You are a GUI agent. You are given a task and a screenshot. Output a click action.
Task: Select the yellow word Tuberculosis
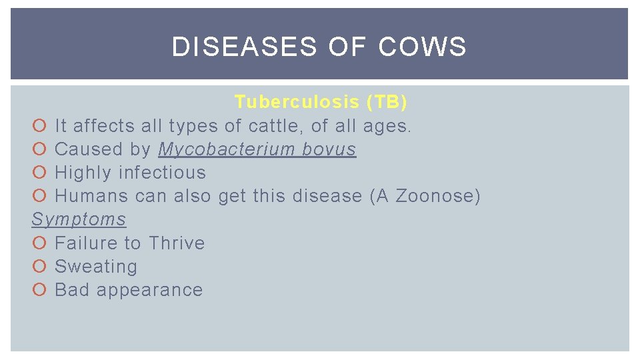pyautogui.click(x=297, y=102)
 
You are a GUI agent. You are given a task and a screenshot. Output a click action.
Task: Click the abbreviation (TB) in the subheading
pyautogui.click(x=387, y=102)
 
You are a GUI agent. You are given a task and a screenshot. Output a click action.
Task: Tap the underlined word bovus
pyautogui.click(x=329, y=149)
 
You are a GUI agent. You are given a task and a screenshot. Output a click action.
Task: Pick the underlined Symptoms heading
pyautogui.click(x=79, y=219)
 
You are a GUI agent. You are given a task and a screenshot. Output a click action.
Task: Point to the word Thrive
pyautogui.click(x=177, y=243)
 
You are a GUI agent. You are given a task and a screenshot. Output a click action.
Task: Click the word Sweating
pyautogui.click(x=96, y=267)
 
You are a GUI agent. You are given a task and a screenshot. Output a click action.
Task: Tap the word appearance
pyautogui.click(x=149, y=291)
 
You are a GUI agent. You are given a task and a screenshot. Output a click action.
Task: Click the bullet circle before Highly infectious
pyautogui.click(x=39, y=173)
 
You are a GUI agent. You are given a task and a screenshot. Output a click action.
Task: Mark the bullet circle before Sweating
pyautogui.click(x=39, y=267)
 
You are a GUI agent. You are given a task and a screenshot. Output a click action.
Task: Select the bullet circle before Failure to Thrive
pyautogui.click(x=39, y=243)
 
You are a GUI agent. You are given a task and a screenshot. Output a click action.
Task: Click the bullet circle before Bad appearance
pyautogui.click(x=39, y=290)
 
